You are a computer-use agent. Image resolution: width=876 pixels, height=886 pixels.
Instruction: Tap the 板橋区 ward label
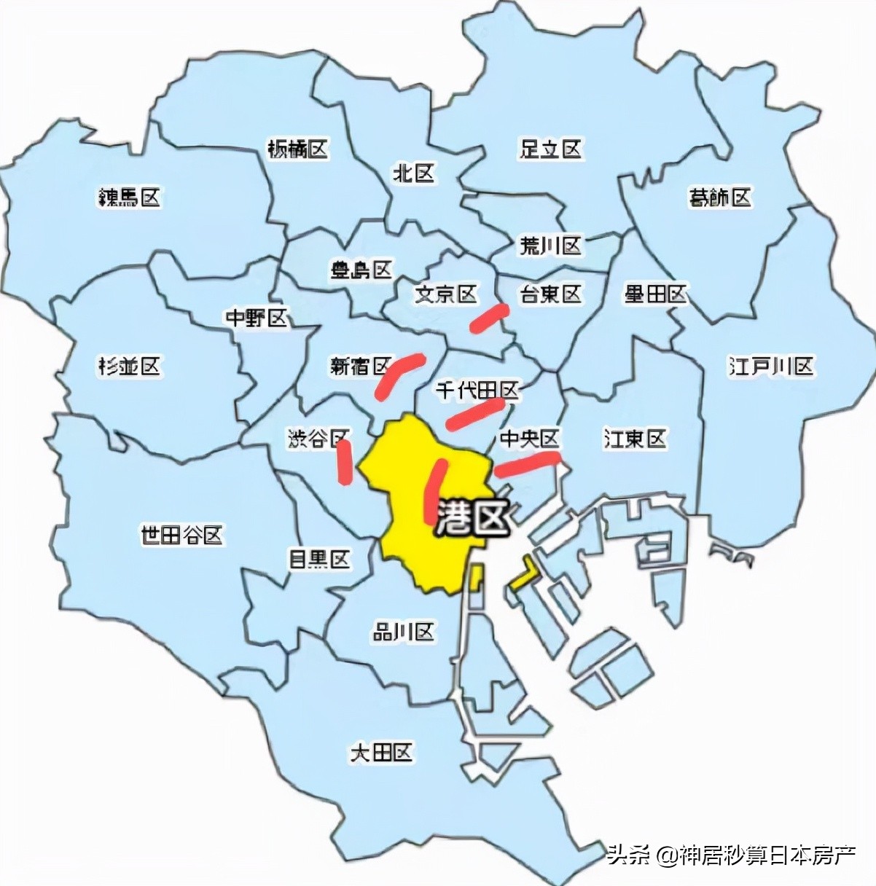point(297,150)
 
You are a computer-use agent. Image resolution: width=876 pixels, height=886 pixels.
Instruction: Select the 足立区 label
point(550,149)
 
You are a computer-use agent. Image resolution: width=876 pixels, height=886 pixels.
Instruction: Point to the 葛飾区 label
point(719,197)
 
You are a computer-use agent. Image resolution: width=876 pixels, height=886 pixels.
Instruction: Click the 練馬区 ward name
point(129,197)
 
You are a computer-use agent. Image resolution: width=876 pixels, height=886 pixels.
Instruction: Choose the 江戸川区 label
point(771,366)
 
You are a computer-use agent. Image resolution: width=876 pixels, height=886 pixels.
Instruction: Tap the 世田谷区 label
point(181,536)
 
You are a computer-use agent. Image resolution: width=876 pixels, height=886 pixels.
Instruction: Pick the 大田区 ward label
point(381,752)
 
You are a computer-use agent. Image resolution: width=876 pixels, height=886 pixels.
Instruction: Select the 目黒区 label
point(319,560)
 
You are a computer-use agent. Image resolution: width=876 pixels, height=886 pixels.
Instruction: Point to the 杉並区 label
point(129,366)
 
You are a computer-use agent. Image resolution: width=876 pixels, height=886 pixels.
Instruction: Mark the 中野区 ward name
point(257,318)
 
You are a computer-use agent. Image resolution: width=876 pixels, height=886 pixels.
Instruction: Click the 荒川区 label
point(550,246)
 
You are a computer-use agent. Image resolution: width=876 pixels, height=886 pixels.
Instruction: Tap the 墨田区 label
point(655,294)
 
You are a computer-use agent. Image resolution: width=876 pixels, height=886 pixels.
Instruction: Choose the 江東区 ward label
point(635,439)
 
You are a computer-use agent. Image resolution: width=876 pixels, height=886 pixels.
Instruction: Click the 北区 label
point(413,173)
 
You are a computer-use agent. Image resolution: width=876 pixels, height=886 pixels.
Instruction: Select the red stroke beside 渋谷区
point(343,462)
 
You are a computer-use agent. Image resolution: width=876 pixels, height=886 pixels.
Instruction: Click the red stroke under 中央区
point(527,463)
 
